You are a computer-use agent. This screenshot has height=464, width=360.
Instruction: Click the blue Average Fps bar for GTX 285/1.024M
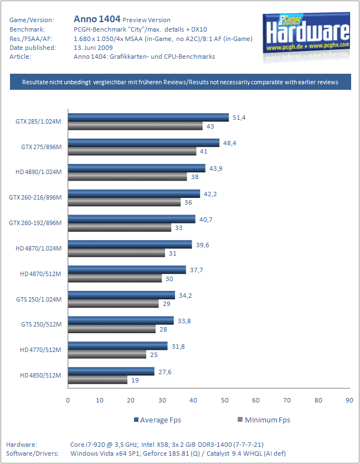point(148,117)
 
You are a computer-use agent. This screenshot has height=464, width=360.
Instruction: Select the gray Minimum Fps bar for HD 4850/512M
point(97,380)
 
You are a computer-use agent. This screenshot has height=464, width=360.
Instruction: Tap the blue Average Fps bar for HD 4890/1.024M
point(136,168)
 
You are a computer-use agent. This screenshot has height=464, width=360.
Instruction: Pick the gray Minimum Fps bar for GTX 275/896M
point(132,151)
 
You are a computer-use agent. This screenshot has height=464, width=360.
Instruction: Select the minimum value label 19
point(135,380)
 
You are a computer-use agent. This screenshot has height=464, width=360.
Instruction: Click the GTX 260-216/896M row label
point(35,197)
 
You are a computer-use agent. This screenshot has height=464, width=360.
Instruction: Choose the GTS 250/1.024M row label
point(38,299)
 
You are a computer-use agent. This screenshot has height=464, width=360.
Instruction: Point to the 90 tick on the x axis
point(349,400)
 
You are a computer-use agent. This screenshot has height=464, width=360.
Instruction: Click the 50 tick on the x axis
point(224,400)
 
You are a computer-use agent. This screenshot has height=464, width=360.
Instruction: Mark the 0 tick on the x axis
point(68,400)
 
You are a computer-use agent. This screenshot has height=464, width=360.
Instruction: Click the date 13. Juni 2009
point(92,48)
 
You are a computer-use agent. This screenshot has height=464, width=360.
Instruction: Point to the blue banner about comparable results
point(179,82)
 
